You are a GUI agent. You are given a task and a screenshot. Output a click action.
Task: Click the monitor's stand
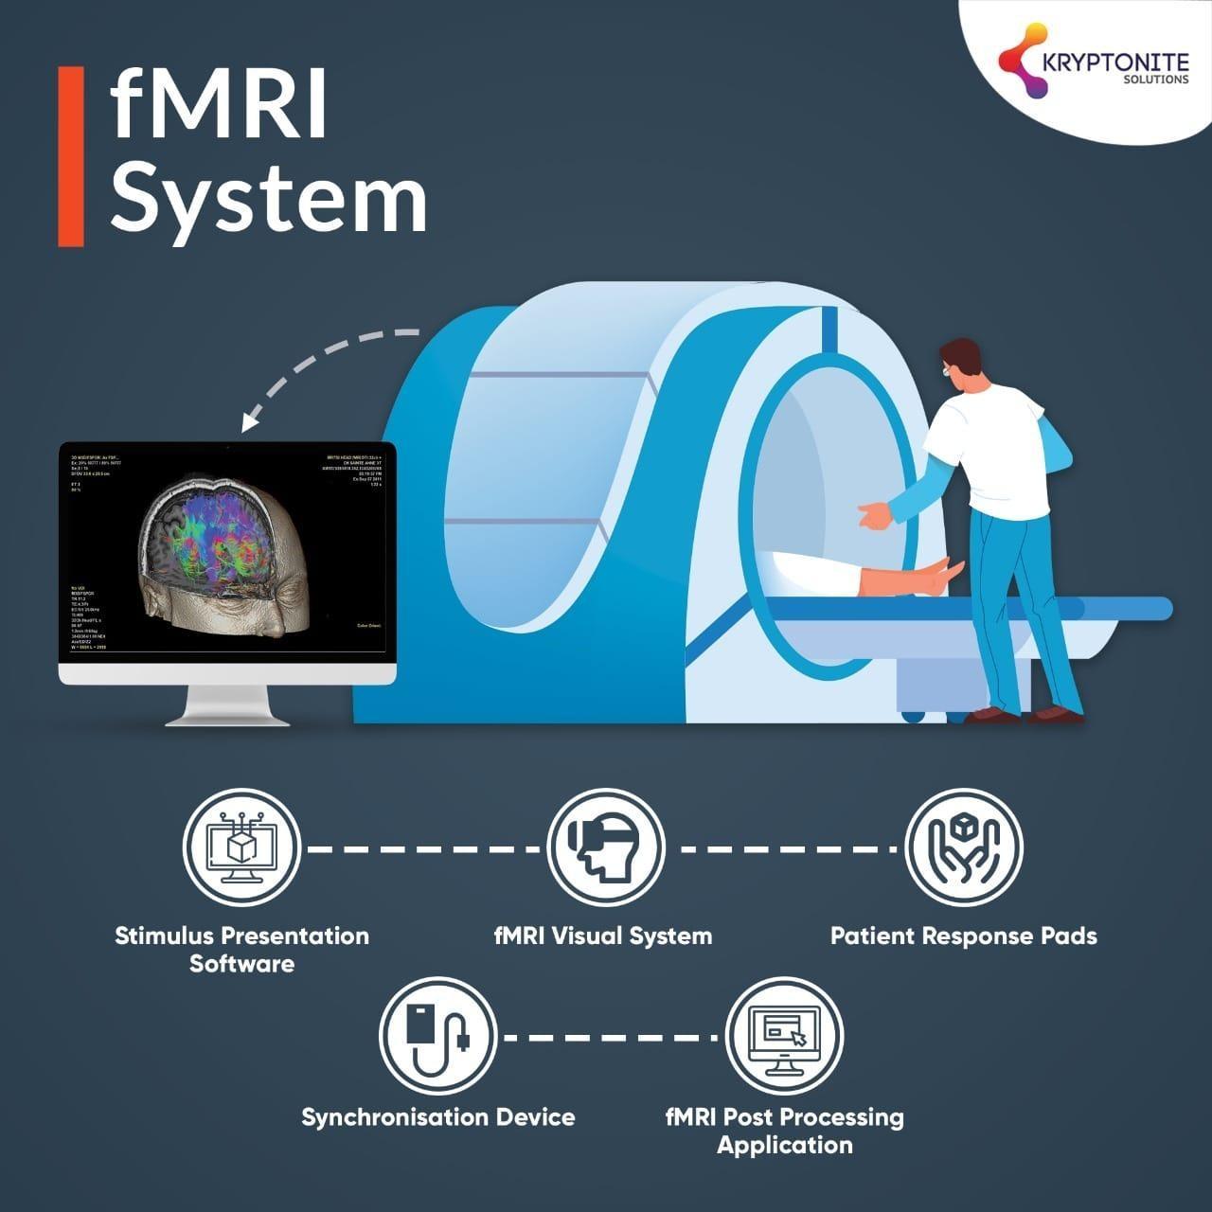coord(227,704)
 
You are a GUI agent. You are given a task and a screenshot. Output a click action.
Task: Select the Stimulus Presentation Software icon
coord(241,847)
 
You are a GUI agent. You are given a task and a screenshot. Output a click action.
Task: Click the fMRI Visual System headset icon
coord(605,847)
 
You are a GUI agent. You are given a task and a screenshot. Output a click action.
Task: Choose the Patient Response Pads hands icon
coord(964,847)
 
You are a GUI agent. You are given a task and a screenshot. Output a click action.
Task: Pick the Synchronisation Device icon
coord(437,1036)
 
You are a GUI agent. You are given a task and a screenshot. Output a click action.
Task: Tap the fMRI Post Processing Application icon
coord(784,1036)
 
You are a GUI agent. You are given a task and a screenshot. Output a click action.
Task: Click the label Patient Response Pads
coord(963,936)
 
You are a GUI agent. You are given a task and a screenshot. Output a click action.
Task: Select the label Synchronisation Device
coord(437,1117)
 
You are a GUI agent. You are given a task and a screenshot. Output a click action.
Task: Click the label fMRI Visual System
coord(603,936)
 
